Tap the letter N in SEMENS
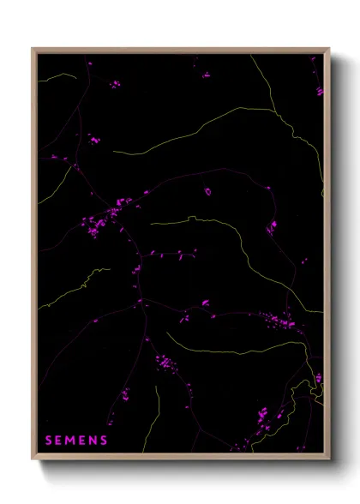pos(93,441)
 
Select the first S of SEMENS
pos(48,441)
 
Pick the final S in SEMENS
pos(104,441)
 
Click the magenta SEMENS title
pos(76,441)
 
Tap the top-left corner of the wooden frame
pos(33,49)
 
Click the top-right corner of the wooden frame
pos(328,49)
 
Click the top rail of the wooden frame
pos(180,50)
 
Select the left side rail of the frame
pos(34,257)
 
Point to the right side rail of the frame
pos(327,257)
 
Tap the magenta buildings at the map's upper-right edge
pos(319,88)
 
